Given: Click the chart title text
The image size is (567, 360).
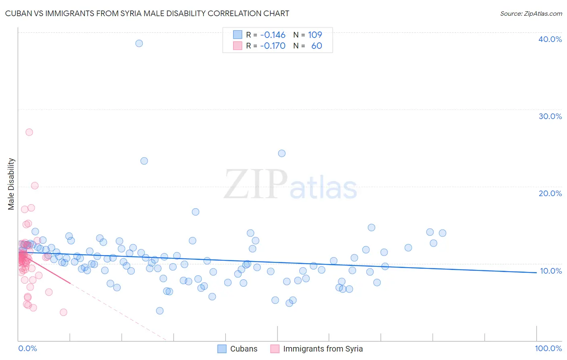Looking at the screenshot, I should click(147, 13).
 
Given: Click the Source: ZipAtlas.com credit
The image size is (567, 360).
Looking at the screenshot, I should click(531, 13).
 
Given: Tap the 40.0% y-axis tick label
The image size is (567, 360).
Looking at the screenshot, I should click(550, 39).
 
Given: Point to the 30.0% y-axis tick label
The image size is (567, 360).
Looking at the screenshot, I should click(550, 116).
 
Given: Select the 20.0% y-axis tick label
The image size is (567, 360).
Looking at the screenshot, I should click(550, 193).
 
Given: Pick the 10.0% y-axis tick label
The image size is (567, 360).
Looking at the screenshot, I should click(550, 271).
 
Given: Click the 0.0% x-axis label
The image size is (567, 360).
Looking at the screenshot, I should click(27, 348).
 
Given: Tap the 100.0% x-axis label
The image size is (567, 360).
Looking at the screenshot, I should click(548, 348).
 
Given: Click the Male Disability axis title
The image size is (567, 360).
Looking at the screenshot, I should click(11, 184).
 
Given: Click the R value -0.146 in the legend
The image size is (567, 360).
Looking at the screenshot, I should click(273, 35).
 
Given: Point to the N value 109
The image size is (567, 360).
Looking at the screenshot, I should click(315, 35).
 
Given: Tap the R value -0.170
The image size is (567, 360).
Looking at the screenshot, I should click(273, 46).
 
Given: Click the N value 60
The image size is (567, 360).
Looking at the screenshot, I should click(317, 46).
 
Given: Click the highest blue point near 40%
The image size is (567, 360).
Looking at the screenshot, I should click(139, 43).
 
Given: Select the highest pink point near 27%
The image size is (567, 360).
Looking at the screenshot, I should click(29, 132).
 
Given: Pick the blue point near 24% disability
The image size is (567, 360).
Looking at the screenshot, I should click(282, 153).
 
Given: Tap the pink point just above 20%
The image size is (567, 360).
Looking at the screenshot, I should click(35, 186).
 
